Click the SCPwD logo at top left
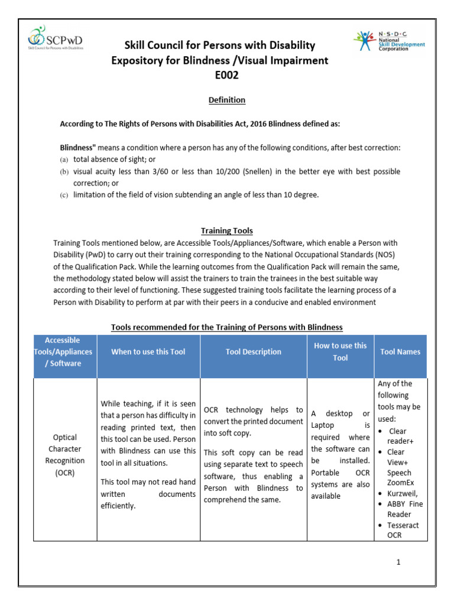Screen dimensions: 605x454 pos(56,39)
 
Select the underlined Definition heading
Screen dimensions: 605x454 pos(226,100)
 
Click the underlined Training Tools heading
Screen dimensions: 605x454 pos(226,230)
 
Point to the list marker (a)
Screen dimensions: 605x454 pos(64,160)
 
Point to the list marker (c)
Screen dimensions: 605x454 pos(64,195)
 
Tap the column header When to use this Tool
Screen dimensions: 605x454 pos(148,352)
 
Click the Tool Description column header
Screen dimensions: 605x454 pos(254,352)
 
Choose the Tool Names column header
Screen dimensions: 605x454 pos(400,352)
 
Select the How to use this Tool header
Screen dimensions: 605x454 pos(340,352)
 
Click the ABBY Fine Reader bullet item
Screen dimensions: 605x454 pos(404,509)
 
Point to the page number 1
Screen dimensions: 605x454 pos(399,562)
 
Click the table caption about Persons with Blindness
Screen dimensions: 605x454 pos(226,327)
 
